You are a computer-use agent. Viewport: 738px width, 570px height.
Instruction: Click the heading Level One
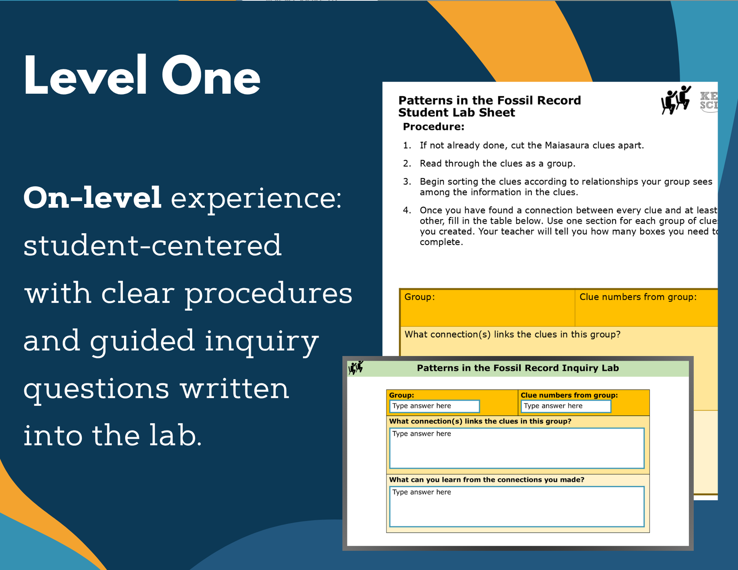pos(142,76)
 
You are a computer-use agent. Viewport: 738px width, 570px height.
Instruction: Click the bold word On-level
pos(93,198)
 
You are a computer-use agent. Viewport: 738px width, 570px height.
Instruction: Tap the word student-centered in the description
pos(152,245)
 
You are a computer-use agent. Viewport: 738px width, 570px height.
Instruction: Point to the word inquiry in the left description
pos(262,341)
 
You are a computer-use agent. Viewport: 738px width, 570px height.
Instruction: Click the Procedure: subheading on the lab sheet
pos(433,127)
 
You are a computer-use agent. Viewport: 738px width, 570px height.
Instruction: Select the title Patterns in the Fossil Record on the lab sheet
pos(489,100)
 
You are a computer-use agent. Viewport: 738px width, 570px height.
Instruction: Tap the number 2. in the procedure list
pos(407,163)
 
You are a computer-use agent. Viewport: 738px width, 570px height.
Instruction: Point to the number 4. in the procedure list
pos(407,210)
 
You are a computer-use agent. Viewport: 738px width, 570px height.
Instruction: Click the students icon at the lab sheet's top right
pos(676,100)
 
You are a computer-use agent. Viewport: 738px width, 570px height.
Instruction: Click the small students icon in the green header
pos(356,367)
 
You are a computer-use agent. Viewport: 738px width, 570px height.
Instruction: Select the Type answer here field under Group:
pos(434,406)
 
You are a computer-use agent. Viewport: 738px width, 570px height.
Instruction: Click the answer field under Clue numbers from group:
pos(565,406)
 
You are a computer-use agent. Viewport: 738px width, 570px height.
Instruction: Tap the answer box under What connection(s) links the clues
pos(517,448)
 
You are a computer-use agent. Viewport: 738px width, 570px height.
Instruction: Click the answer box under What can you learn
pos(517,507)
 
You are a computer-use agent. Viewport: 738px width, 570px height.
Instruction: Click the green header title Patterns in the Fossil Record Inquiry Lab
pos(518,368)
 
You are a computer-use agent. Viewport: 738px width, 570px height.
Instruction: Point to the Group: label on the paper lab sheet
pos(419,297)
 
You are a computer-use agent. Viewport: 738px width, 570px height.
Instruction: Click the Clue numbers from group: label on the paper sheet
pos(638,297)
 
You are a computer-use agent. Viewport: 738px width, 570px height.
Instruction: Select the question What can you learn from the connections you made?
pos(487,480)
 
